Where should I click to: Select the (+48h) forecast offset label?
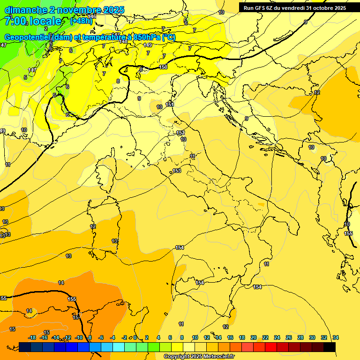click(x=81, y=21)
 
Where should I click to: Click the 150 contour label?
click(x=163, y=67)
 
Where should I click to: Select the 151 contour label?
click(x=170, y=105)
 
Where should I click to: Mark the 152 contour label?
click(x=180, y=133)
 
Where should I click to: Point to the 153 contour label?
click(x=177, y=171)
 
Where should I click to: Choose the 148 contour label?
click(x=123, y=42)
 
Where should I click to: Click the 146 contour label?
click(x=92, y=16)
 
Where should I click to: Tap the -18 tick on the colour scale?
click(x=32, y=338)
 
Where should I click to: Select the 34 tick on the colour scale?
click(x=335, y=338)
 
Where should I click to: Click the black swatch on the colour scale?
click(x=330, y=347)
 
